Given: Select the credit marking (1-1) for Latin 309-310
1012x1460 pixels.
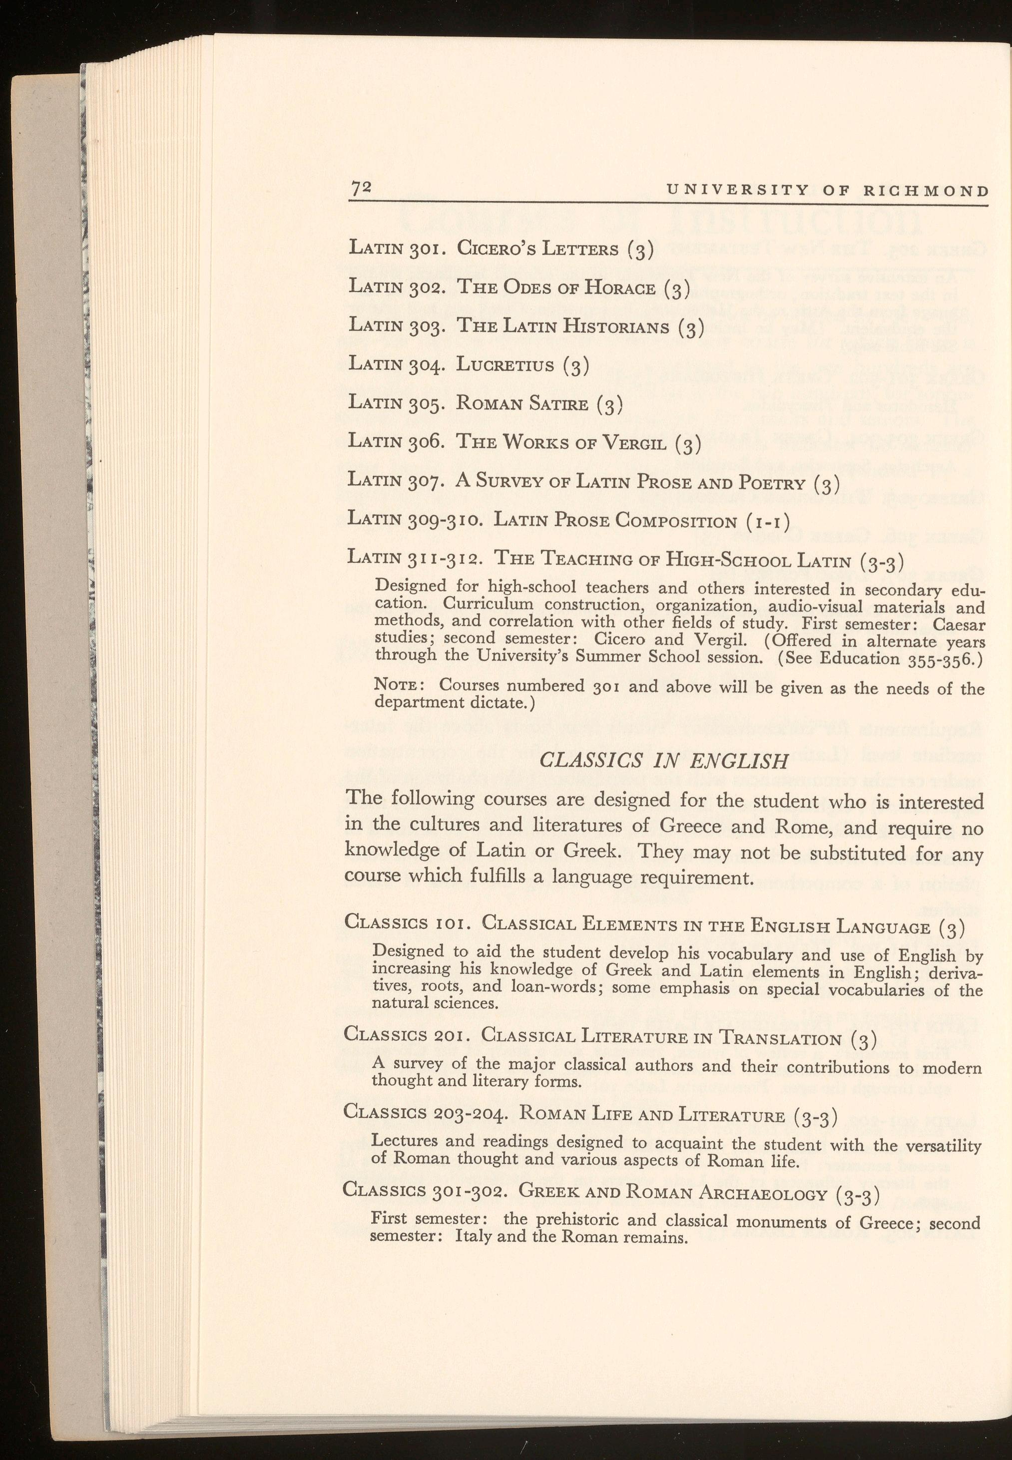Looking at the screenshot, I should (x=765, y=522).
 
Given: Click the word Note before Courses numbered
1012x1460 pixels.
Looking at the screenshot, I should (x=396, y=686).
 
